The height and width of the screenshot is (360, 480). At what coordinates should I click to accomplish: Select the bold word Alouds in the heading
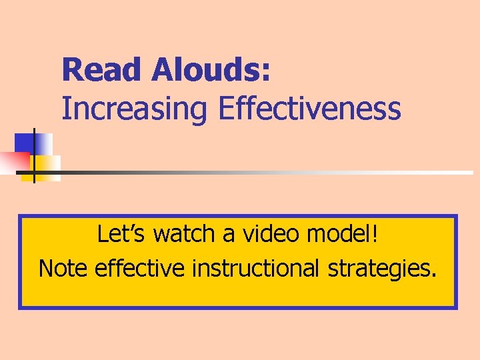tap(206, 70)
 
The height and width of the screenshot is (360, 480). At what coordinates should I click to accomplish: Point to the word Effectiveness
tap(309, 109)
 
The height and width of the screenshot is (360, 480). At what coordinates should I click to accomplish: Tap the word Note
tap(64, 268)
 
